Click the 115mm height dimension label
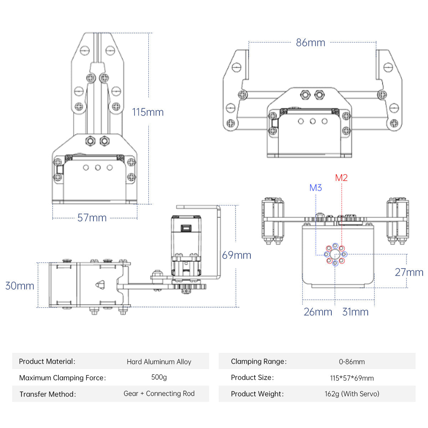(148, 112)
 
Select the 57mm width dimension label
(92, 218)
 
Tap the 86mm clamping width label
(310, 42)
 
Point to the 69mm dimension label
(236, 255)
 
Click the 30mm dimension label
(20, 286)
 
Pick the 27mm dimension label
(409, 272)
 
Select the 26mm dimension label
(318, 312)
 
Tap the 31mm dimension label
(355, 312)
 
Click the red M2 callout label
(341, 178)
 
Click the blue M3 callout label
(316, 188)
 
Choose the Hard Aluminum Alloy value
(159, 362)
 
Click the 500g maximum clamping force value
(159, 377)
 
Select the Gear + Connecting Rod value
(159, 393)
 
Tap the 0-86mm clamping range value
(352, 362)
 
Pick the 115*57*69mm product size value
(352, 378)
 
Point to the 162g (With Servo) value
(352, 394)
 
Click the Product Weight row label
(257, 394)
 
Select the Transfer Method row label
(47, 394)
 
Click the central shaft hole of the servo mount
(335, 254)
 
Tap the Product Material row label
(47, 361)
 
